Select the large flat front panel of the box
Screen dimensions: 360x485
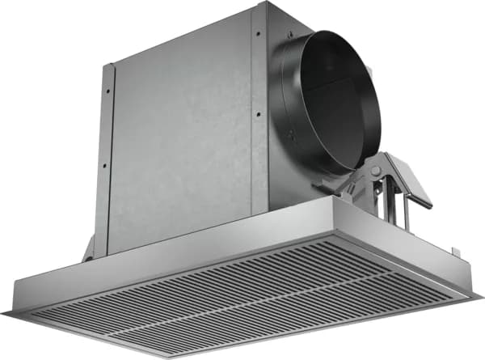182,133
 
